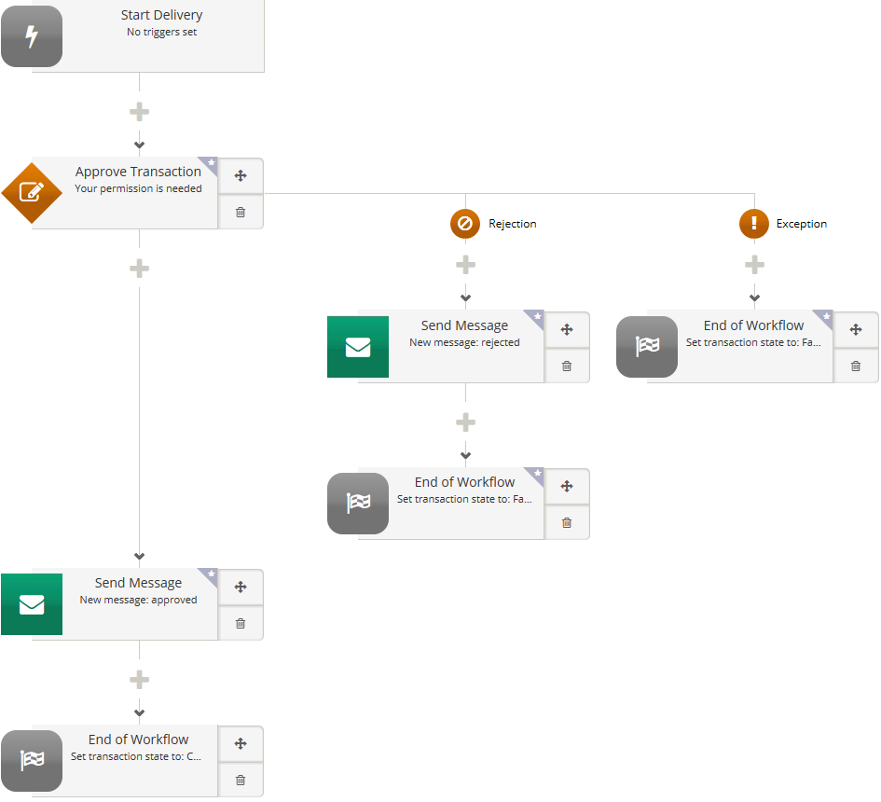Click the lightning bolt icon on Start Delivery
32,37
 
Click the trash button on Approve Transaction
241,212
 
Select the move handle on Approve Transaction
241,175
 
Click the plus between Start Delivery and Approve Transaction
139,112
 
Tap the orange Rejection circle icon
465,224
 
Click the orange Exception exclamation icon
754,224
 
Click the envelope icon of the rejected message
358,347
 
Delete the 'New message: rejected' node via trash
567,366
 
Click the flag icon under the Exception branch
647,347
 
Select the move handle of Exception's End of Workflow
856,329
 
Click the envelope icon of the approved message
32,604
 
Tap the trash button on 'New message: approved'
241,623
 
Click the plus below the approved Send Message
139,679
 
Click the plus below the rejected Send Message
465,422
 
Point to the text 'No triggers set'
161,32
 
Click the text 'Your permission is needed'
138,188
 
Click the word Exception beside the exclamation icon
801,224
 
